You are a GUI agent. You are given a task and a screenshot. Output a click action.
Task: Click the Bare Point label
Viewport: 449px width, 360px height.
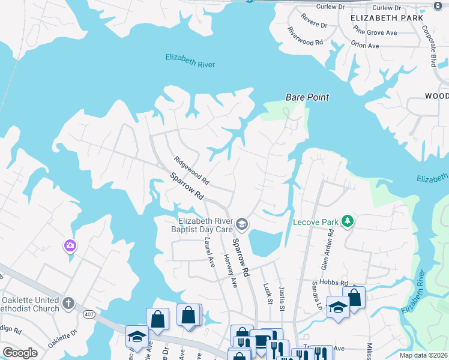pyautogui.click(x=307, y=97)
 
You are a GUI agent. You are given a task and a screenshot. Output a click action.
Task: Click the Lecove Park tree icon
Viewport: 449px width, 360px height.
pyautogui.click(x=347, y=221)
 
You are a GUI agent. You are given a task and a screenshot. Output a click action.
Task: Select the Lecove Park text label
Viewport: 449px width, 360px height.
pyautogui.click(x=316, y=222)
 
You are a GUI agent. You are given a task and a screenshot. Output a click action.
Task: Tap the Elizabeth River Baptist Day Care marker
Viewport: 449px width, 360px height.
pyautogui.click(x=242, y=224)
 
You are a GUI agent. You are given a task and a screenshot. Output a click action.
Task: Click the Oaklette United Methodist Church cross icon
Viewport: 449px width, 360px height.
pyautogui.click(x=69, y=303)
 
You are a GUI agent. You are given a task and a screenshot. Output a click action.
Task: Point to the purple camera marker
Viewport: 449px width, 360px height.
pyautogui.click(x=70, y=245)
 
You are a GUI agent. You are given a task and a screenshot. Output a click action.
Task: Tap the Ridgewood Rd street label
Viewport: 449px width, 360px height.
pyautogui.click(x=191, y=170)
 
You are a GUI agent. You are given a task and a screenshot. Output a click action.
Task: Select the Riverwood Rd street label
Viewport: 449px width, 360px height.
pyautogui.click(x=306, y=37)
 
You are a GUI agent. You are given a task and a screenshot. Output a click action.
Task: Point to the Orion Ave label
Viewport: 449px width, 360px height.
pyautogui.click(x=366, y=46)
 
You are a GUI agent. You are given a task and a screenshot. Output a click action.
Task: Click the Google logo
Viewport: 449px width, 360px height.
pyautogui.click(x=20, y=353)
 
